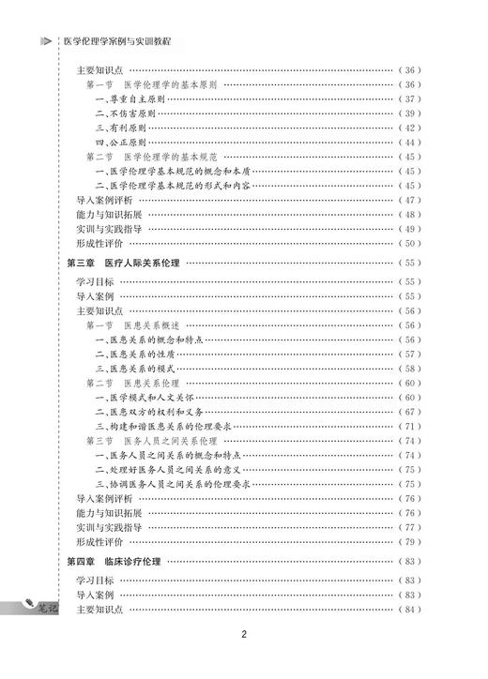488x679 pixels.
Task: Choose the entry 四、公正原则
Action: tap(127, 143)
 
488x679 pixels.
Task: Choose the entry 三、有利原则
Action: tap(127, 128)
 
